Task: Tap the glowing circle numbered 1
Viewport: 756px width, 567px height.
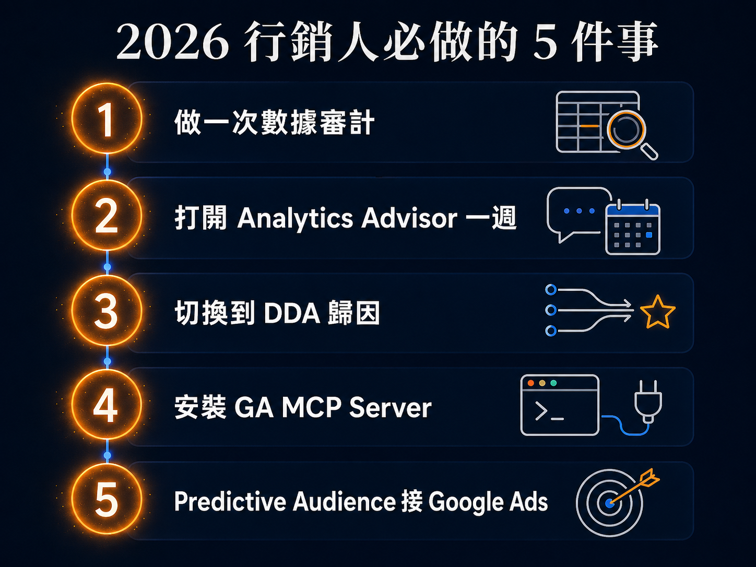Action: click(x=107, y=119)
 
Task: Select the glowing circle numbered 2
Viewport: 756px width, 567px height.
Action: click(x=107, y=216)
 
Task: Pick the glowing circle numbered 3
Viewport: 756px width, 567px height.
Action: click(x=107, y=311)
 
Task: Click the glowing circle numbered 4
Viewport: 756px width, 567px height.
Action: click(x=107, y=405)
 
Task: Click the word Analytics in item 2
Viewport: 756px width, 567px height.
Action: click(x=295, y=218)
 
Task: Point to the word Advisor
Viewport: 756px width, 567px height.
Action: click(x=409, y=218)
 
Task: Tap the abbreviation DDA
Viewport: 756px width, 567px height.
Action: click(x=292, y=314)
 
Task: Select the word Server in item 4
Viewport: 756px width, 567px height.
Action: click(x=391, y=408)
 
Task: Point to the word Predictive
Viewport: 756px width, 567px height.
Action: click(x=230, y=502)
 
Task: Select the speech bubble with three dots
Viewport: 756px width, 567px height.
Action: click(x=578, y=212)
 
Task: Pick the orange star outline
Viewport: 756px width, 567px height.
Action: click(x=657, y=313)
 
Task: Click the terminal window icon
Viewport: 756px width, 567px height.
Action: click(x=560, y=405)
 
